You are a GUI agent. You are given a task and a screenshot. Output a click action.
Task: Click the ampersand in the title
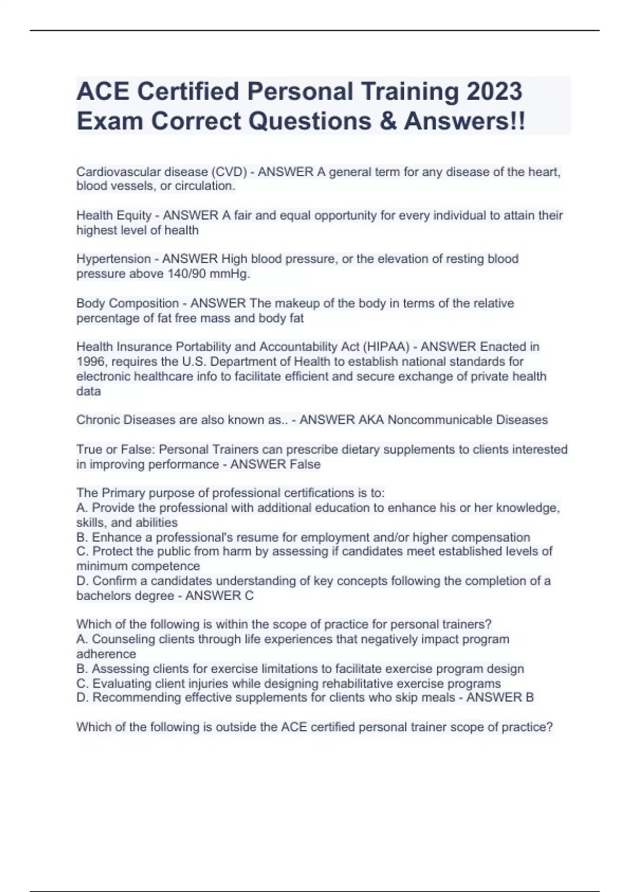click(386, 121)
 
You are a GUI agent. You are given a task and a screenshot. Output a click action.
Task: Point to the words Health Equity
click(114, 215)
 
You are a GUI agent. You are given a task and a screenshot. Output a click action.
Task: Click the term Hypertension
click(113, 259)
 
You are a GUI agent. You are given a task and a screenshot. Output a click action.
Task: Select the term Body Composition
click(128, 303)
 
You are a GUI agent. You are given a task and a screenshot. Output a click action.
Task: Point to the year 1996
click(90, 362)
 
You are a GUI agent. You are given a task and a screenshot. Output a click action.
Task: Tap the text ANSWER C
click(219, 596)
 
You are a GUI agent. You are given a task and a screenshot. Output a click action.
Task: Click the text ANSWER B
click(500, 697)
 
